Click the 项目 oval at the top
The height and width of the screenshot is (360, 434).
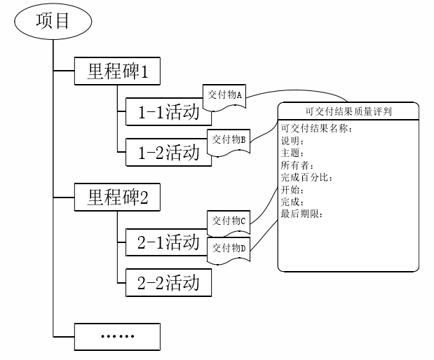[52, 22]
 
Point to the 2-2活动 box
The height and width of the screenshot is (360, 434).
[168, 282]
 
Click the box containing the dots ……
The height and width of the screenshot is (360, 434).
[118, 336]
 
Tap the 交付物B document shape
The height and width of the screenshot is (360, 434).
[228, 139]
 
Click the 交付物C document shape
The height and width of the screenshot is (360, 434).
[229, 220]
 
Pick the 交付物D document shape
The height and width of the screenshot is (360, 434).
[229, 248]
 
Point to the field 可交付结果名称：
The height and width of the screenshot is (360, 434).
[316, 128]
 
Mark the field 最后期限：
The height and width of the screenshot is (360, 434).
[302, 214]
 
